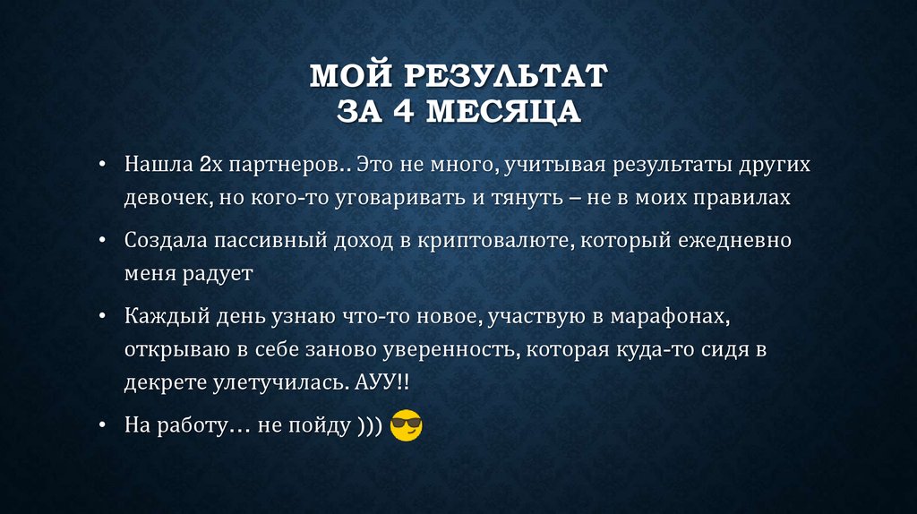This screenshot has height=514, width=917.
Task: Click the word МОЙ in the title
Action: pos(344,75)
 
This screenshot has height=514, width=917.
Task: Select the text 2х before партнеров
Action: pos(210,166)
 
